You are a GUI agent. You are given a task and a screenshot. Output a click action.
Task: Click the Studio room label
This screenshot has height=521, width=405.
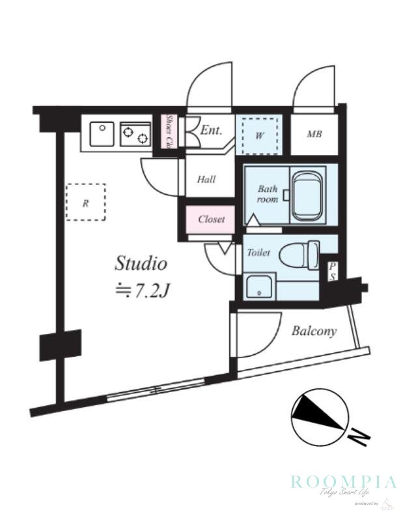[x=141, y=264]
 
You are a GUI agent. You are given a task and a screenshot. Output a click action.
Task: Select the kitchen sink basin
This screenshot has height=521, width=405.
[x=100, y=134]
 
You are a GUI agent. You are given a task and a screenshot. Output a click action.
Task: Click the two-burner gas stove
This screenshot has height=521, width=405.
[x=135, y=135]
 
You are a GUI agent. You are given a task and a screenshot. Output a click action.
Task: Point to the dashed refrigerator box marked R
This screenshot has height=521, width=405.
[x=85, y=203]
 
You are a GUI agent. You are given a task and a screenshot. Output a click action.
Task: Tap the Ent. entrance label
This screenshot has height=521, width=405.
[x=211, y=130]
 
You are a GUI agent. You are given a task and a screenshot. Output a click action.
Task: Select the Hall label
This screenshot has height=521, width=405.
[x=206, y=180]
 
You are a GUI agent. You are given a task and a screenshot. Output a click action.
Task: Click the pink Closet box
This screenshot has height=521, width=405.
[x=211, y=219]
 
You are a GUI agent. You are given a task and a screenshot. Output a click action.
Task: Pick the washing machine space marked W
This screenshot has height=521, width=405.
[x=259, y=135]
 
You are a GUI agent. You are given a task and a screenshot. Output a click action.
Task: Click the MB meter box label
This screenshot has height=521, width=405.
[x=314, y=135]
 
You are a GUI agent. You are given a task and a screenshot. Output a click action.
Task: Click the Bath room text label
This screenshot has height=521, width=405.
[x=267, y=194]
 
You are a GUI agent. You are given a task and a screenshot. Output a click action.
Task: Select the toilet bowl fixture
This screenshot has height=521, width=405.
[x=301, y=254]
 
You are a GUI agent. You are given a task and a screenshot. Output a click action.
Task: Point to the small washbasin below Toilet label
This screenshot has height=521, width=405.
[x=259, y=287]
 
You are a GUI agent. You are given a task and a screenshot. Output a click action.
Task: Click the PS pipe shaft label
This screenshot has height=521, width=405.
[x=331, y=272]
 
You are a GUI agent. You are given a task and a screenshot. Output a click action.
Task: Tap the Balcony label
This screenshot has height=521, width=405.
[x=314, y=331]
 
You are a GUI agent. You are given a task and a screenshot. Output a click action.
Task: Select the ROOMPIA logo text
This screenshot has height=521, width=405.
[x=343, y=483]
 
